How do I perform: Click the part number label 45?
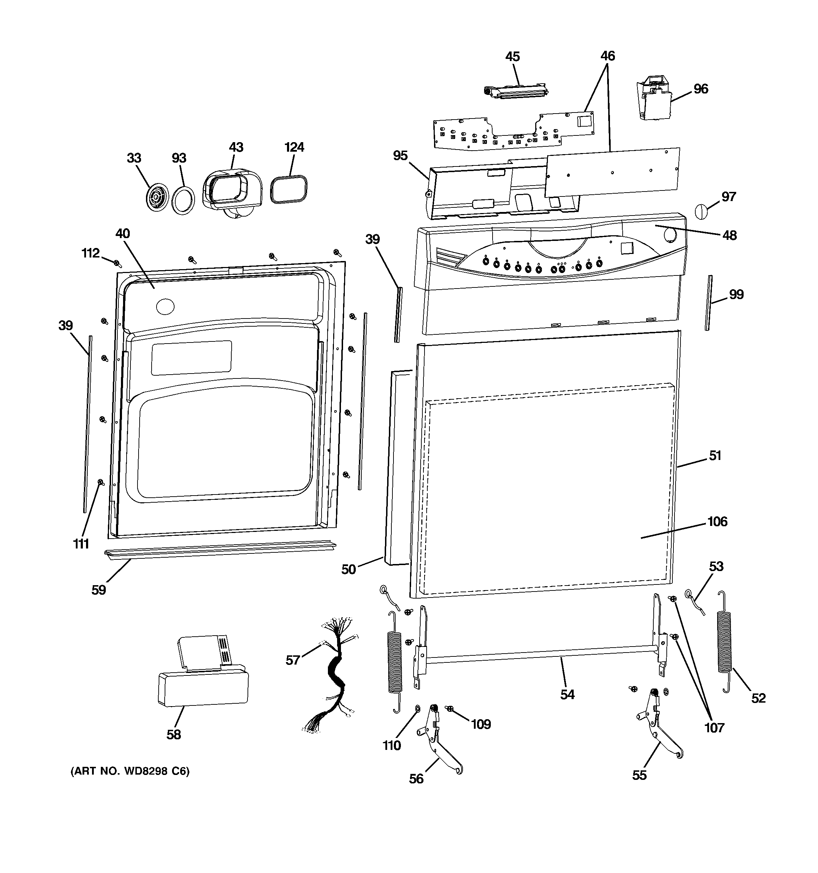pos(512,57)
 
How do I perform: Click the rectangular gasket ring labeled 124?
pos(288,189)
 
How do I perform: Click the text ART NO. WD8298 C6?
pos(130,771)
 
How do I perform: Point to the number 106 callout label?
pos(717,521)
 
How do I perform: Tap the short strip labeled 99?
pos(709,303)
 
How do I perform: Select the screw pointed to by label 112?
pos(117,263)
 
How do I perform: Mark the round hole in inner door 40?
pos(165,306)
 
